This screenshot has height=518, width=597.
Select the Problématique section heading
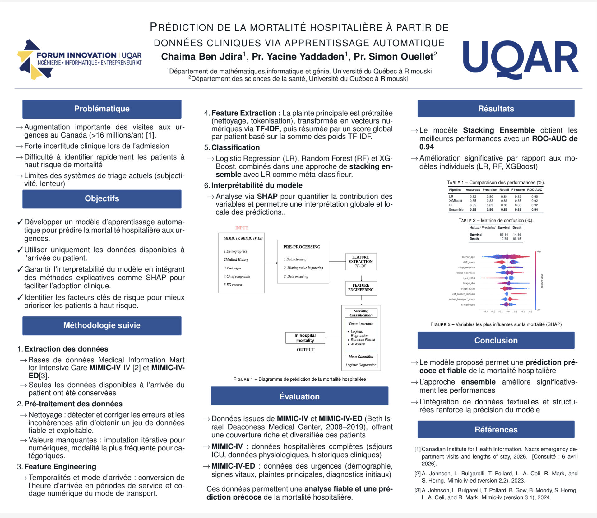click(102, 109)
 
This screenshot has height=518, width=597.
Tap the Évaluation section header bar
click(299, 396)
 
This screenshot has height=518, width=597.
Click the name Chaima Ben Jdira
click(202, 57)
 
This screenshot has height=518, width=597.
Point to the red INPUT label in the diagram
click(242, 228)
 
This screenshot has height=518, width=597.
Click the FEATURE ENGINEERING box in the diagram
click(361, 287)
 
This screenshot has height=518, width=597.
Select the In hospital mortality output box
click(305, 338)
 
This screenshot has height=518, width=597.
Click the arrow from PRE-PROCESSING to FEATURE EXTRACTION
click(337, 261)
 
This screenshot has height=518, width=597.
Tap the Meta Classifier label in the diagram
click(361, 357)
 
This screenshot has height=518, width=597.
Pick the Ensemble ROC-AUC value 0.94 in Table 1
click(535, 210)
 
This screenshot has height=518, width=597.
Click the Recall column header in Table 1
click(504, 190)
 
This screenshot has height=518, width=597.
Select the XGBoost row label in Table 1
click(455, 201)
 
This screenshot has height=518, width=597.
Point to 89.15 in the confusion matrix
click(517, 239)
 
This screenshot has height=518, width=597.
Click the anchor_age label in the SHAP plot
click(468, 257)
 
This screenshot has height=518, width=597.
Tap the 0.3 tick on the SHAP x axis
click(530, 311)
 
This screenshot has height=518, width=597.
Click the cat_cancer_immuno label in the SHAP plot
click(463, 294)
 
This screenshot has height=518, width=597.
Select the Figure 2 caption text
click(496, 324)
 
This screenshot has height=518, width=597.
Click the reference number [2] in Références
click(417, 474)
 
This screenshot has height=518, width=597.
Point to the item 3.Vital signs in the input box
click(232, 268)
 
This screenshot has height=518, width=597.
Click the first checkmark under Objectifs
click(20, 222)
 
